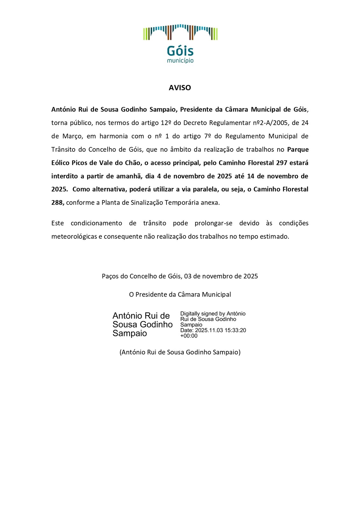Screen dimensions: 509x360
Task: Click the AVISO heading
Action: click(x=180, y=88)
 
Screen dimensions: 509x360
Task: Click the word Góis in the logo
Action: click(x=180, y=51)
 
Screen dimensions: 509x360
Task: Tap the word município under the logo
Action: click(x=180, y=60)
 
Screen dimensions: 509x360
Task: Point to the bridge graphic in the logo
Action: click(x=180, y=32)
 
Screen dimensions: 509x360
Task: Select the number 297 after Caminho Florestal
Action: click(x=282, y=163)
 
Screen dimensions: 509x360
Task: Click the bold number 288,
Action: click(x=58, y=203)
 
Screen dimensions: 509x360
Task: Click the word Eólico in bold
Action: click(x=60, y=163)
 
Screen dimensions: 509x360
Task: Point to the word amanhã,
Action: click(x=131, y=176)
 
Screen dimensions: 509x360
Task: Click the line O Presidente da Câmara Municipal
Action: click(x=180, y=295)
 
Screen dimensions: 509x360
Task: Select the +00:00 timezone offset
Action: click(x=189, y=336)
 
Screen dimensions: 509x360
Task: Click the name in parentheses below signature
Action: click(x=180, y=352)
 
